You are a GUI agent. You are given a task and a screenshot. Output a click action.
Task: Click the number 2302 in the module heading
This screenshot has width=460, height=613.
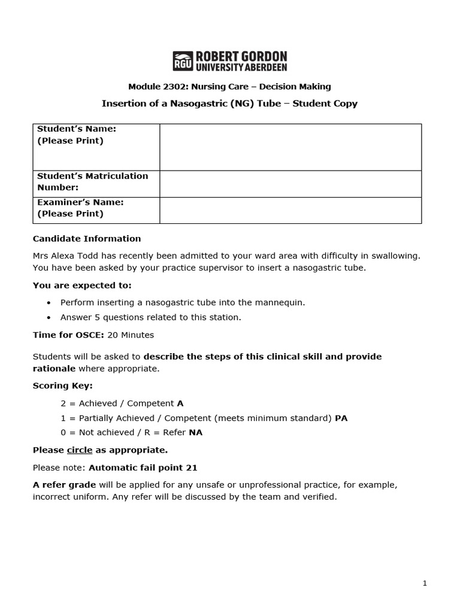168,87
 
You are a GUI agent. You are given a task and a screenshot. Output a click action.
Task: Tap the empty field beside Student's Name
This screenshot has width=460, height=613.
290,147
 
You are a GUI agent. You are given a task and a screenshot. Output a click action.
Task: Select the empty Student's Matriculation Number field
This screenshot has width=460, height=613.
290,184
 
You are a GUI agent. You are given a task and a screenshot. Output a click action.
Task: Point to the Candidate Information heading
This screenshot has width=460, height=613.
87,239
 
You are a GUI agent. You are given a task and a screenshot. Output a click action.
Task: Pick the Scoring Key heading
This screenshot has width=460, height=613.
62,386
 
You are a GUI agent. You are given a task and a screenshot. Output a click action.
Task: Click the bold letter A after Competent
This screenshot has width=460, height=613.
180,404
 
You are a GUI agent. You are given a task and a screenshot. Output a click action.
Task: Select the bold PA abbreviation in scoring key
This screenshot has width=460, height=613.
341,418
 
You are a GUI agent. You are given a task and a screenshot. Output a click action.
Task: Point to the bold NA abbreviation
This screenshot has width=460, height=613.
195,433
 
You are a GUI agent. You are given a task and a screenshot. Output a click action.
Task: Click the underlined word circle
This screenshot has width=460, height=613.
80,450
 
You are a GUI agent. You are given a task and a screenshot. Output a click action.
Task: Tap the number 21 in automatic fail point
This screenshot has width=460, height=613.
192,468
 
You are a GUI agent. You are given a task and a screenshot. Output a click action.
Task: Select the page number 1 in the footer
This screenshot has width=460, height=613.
425,584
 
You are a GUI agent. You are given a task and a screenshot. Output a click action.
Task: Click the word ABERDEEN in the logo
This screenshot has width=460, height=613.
262,68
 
